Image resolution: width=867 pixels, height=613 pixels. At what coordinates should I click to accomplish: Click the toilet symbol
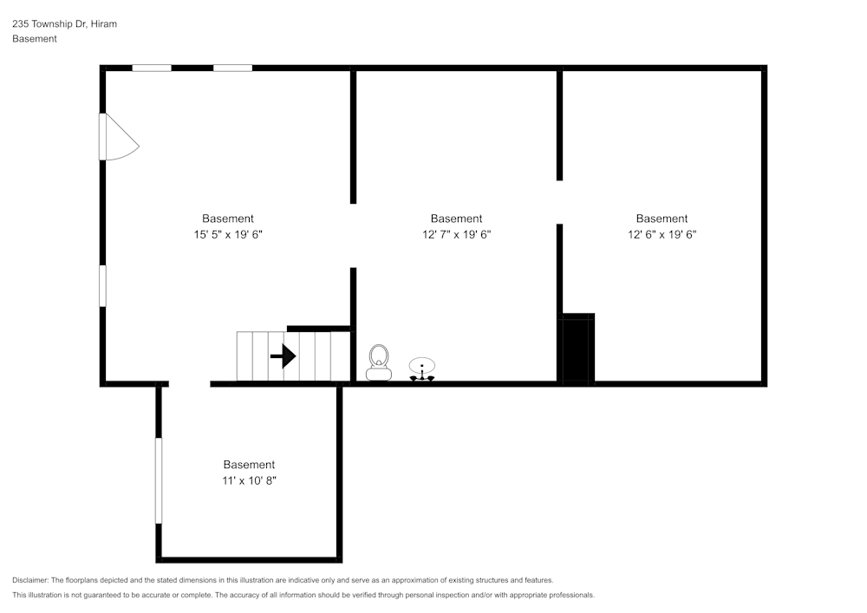coord(378,362)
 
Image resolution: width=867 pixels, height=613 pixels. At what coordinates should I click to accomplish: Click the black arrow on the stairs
coord(283,356)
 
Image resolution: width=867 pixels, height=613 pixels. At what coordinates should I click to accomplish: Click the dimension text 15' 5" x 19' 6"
coord(228,234)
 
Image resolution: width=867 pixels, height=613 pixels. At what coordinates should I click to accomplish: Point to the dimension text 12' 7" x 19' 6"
coord(456,234)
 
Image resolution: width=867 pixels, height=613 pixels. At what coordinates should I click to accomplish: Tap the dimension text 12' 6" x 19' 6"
coord(662,234)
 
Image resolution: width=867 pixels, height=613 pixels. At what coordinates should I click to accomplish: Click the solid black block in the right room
coord(577,349)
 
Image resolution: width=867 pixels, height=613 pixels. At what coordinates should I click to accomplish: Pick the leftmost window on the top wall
coord(151,68)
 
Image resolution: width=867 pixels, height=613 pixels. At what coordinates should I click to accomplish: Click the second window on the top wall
coord(232,68)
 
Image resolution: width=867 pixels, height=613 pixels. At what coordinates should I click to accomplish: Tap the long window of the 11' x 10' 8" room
coord(159,480)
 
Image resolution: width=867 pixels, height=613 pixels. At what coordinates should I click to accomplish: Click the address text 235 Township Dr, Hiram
coord(64,24)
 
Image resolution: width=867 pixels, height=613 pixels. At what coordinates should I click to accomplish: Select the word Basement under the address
coord(35,39)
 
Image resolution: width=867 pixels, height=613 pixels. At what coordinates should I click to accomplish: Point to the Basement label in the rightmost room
coord(662,218)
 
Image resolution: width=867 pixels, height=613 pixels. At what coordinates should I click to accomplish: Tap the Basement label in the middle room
coord(456,218)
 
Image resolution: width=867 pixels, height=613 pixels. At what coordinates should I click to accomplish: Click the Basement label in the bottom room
coord(249,465)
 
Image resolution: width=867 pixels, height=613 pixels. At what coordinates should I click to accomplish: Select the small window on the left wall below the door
coord(102,285)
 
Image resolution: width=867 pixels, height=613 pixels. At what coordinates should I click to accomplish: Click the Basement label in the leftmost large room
coord(228,218)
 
